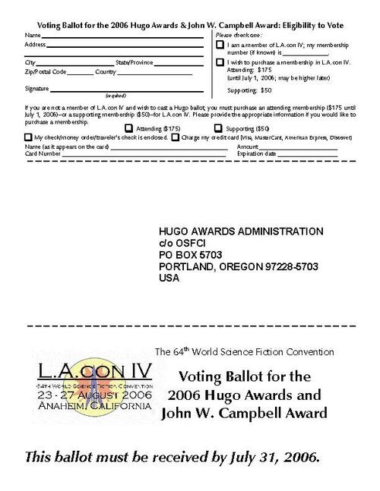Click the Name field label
click(31, 36)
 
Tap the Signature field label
click(37, 89)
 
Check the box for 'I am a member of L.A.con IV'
click(220, 47)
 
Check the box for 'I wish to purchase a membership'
click(220, 63)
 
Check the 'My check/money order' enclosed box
click(29, 137)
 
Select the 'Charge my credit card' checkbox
click(176, 137)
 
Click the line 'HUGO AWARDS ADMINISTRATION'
click(241, 231)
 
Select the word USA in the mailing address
click(169, 279)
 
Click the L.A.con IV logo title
click(95, 373)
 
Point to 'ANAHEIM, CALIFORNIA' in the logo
click(95, 406)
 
